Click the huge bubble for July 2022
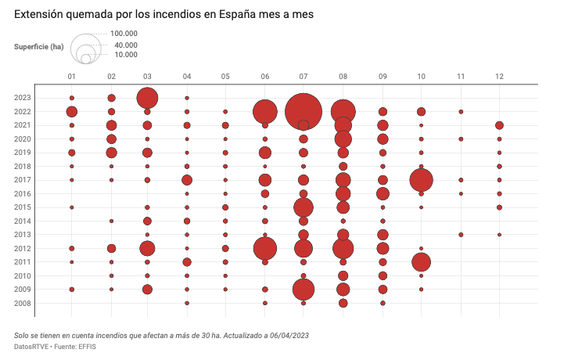[304, 112]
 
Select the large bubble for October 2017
[421, 180]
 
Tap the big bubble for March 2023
[147, 98]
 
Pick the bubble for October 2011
[421, 262]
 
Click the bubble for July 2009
[304, 290]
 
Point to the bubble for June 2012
[265, 248]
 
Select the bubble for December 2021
[499, 125]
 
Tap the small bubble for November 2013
[461, 235]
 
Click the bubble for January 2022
[72, 112]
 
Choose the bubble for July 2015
[304, 207]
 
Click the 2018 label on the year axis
[44, 167]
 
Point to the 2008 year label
[44, 303]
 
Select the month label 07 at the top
[304, 76]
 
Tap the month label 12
[499, 76]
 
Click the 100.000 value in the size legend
[124, 34]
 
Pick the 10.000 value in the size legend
[126, 55]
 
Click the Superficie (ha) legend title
[39, 47]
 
